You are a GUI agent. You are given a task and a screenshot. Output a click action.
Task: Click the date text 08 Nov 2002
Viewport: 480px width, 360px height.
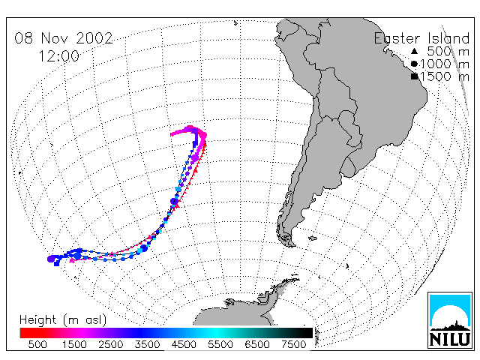64,38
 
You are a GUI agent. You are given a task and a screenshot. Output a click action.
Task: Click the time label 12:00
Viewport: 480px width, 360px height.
58,56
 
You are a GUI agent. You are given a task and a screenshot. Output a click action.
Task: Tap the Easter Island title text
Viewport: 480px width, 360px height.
421,38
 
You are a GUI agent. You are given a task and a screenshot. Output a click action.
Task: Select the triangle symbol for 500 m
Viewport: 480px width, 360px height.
414,51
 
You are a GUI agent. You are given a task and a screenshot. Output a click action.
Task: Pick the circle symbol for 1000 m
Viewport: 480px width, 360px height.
414,64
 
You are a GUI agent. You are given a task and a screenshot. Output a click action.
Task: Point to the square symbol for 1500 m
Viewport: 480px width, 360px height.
414,76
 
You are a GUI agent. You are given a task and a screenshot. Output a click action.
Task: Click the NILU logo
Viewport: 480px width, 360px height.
450,320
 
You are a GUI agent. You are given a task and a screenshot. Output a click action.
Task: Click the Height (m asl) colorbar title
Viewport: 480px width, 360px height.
63,320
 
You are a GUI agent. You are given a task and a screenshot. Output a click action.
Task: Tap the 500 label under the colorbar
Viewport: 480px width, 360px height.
37,344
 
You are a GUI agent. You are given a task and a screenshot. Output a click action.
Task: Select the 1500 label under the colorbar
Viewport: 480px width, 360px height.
74,344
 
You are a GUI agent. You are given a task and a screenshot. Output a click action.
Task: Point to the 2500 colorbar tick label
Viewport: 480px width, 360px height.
111,344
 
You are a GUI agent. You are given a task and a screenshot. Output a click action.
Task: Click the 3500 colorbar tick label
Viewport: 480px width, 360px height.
147,344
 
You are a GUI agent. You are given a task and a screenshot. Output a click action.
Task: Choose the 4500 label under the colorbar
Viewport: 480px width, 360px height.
184,344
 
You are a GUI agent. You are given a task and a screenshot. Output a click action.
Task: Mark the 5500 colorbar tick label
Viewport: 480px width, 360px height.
220,344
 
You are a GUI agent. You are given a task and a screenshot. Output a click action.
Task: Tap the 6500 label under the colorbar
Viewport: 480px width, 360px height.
256,344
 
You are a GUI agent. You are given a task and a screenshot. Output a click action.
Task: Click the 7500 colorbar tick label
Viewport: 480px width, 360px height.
293,344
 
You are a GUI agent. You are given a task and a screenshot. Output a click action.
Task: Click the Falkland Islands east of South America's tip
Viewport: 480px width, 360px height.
312,238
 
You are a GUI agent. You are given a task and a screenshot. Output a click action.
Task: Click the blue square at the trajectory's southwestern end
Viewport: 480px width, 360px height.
57,263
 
